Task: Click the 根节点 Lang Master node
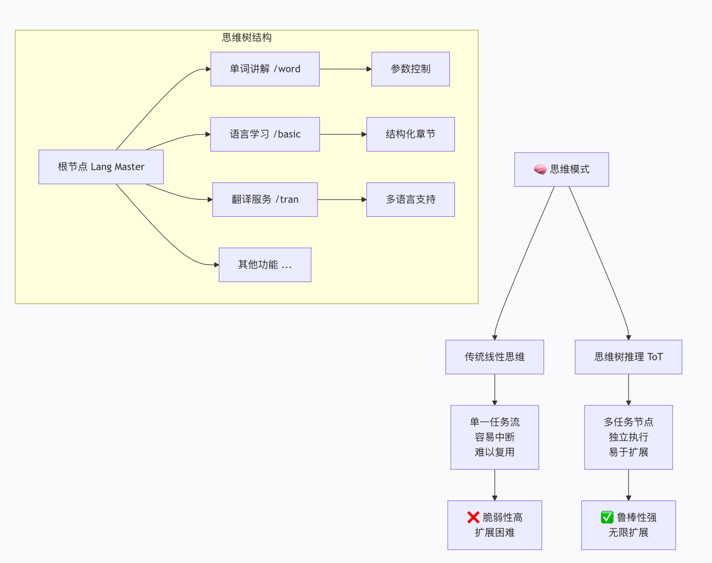click(101, 167)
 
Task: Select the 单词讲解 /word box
click(265, 69)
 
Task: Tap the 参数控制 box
click(410, 69)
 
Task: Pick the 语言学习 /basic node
click(265, 134)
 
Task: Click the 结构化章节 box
click(410, 134)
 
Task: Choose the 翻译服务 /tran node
click(265, 200)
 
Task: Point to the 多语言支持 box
click(410, 200)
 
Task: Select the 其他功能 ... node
click(265, 265)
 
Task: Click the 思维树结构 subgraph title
click(247, 37)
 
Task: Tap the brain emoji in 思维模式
click(540, 170)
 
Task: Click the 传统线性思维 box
click(494, 357)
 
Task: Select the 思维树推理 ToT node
click(628, 357)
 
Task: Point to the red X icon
click(473, 517)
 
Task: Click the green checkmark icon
click(607, 517)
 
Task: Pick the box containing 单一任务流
click(494, 437)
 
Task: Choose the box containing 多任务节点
click(628, 437)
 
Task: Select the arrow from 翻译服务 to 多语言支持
click(342, 200)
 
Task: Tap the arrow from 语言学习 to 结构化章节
click(343, 134)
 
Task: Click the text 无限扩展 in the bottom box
click(628, 533)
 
